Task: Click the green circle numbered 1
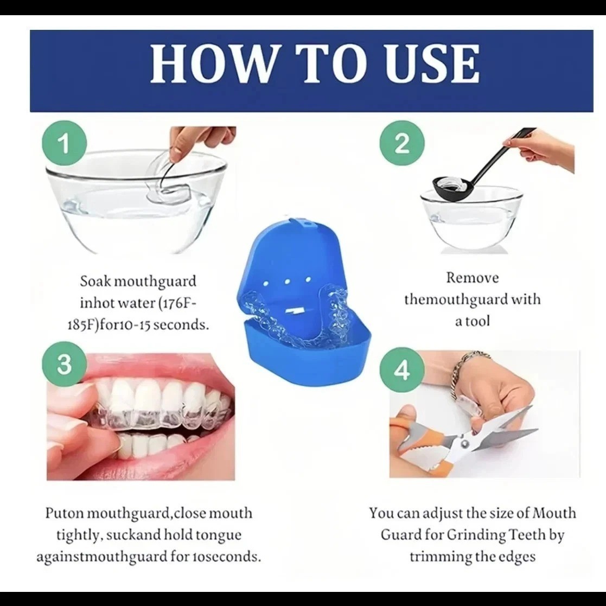point(64,143)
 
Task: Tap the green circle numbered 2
point(403,143)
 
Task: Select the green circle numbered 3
point(64,364)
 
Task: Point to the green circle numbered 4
point(403,370)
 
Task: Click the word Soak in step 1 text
point(95,281)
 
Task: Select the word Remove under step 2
point(473,277)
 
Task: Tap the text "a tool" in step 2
point(473,321)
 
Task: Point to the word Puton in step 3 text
point(65,513)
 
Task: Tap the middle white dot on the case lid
point(287,282)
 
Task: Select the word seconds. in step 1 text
point(183,324)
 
